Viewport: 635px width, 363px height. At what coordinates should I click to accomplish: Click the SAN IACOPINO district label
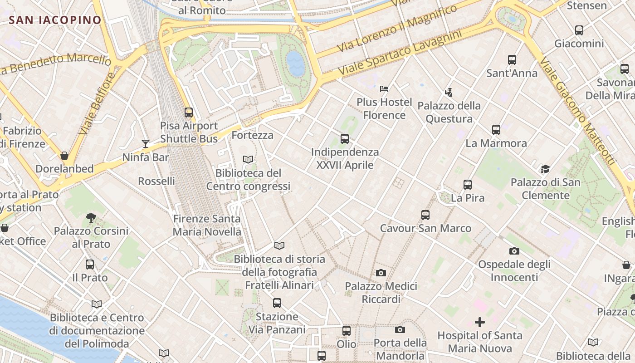point(55,20)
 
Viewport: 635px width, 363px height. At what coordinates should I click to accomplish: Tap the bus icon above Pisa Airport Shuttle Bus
point(189,112)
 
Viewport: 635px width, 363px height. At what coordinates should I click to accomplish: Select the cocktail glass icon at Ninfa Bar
point(146,144)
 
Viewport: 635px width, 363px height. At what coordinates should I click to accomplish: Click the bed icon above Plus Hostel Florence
point(384,88)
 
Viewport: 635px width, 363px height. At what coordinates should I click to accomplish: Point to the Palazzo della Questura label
point(449,112)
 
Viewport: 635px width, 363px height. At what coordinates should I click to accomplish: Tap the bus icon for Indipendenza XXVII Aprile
point(345,138)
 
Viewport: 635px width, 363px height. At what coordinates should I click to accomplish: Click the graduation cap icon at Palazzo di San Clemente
point(545,169)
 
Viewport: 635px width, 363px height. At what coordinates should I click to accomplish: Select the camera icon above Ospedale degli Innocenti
point(514,251)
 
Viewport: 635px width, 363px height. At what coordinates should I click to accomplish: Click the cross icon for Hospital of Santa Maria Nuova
point(479,322)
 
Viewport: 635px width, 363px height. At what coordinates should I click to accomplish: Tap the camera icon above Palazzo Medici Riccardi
point(381,273)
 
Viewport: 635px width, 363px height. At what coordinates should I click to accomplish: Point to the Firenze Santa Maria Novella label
point(207,225)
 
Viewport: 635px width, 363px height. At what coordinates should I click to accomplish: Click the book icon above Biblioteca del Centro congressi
point(248,159)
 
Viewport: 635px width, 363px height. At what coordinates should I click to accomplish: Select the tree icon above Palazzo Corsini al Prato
point(91,217)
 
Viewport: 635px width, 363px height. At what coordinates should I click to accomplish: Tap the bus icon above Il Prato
point(90,264)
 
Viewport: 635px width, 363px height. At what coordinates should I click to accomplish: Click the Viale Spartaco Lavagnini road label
point(400,53)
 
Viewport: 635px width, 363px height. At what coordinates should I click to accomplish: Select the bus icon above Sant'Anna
point(512,59)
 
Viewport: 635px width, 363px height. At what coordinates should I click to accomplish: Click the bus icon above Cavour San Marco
point(425,215)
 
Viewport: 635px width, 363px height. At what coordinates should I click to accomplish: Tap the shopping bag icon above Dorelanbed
point(64,156)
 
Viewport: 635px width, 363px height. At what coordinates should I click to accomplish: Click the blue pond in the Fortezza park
point(295,63)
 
